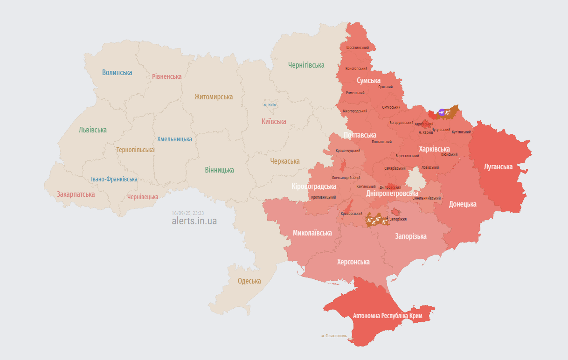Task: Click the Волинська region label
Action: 117,73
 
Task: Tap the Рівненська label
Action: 166,76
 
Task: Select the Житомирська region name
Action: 214,97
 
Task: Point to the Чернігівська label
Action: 306,65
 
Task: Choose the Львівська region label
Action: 93,130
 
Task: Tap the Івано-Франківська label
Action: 114,179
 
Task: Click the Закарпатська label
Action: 76,194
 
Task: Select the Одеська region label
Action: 249,281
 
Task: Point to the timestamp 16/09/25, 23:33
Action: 188,213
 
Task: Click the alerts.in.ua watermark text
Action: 194,221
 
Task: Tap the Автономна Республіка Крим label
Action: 388,316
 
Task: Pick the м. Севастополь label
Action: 334,336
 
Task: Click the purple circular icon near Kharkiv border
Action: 442,112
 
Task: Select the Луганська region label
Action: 498,166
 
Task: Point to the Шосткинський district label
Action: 358,48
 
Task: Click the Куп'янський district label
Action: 461,132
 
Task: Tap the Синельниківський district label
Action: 427,198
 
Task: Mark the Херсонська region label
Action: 353,262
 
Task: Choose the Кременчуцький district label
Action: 348,151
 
